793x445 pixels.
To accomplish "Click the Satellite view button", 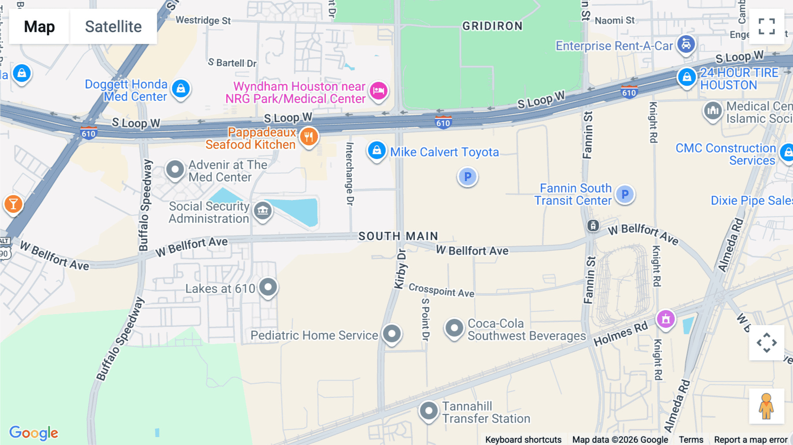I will [x=113, y=26].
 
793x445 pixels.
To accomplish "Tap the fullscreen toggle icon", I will [x=767, y=26].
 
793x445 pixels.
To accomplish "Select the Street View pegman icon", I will [x=766, y=406].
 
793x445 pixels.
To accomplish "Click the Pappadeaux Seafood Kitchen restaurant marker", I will [x=309, y=137].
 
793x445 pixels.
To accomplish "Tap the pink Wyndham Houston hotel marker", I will [x=378, y=91].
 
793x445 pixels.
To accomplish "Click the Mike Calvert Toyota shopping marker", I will [x=377, y=151].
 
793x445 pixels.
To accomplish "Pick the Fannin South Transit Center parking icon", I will [x=625, y=194].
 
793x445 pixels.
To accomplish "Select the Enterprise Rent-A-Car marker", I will [x=686, y=44].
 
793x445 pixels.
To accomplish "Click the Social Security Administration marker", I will [x=263, y=211].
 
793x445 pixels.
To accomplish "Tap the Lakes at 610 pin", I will [x=268, y=287].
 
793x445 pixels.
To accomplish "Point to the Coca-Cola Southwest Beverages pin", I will [x=454, y=328].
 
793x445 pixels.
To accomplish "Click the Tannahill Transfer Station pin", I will [x=428, y=411].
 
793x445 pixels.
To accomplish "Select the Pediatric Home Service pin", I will [x=392, y=334].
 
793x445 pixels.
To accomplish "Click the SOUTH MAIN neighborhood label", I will [x=398, y=236].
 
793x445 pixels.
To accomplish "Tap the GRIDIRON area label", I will [x=492, y=26].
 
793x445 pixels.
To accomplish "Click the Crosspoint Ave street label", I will [x=441, y=290].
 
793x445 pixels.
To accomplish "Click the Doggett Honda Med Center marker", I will [x=181, y=89].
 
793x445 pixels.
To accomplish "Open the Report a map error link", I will [x=750, y=439].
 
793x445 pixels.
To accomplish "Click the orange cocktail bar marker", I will [x=13, y=204].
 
